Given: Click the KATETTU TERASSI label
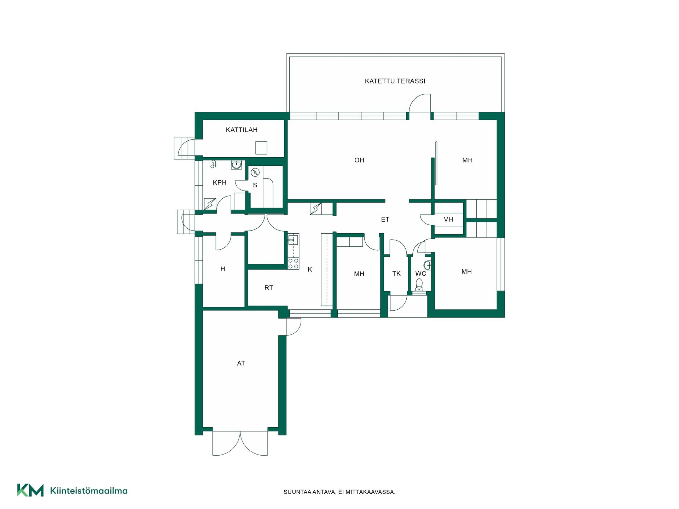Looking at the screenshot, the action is pos(395,81).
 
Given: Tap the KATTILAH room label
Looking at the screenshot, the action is pos(242,130).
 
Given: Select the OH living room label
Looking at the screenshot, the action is pos(359,160).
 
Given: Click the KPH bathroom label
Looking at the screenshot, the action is pos(220,182).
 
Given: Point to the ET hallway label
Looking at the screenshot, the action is pos(385,220).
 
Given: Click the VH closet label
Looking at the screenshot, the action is pos(448,220).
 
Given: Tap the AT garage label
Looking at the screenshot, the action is pos(241,363).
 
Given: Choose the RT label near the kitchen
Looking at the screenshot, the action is pos(269,288).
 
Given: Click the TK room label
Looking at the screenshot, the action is pos(396,274).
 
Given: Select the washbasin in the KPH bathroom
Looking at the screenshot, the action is pos(237,165).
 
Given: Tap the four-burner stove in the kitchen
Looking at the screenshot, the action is pos(293,263).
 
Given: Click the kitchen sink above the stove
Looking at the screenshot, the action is pos(293,240).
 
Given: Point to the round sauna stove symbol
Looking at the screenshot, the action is pos(255,172).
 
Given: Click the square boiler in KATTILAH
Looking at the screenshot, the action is pos(261,148).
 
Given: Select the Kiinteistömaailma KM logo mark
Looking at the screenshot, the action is pos(30,490).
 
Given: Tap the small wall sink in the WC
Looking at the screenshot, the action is pos(428,264).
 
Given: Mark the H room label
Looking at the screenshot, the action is pos(223,269).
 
